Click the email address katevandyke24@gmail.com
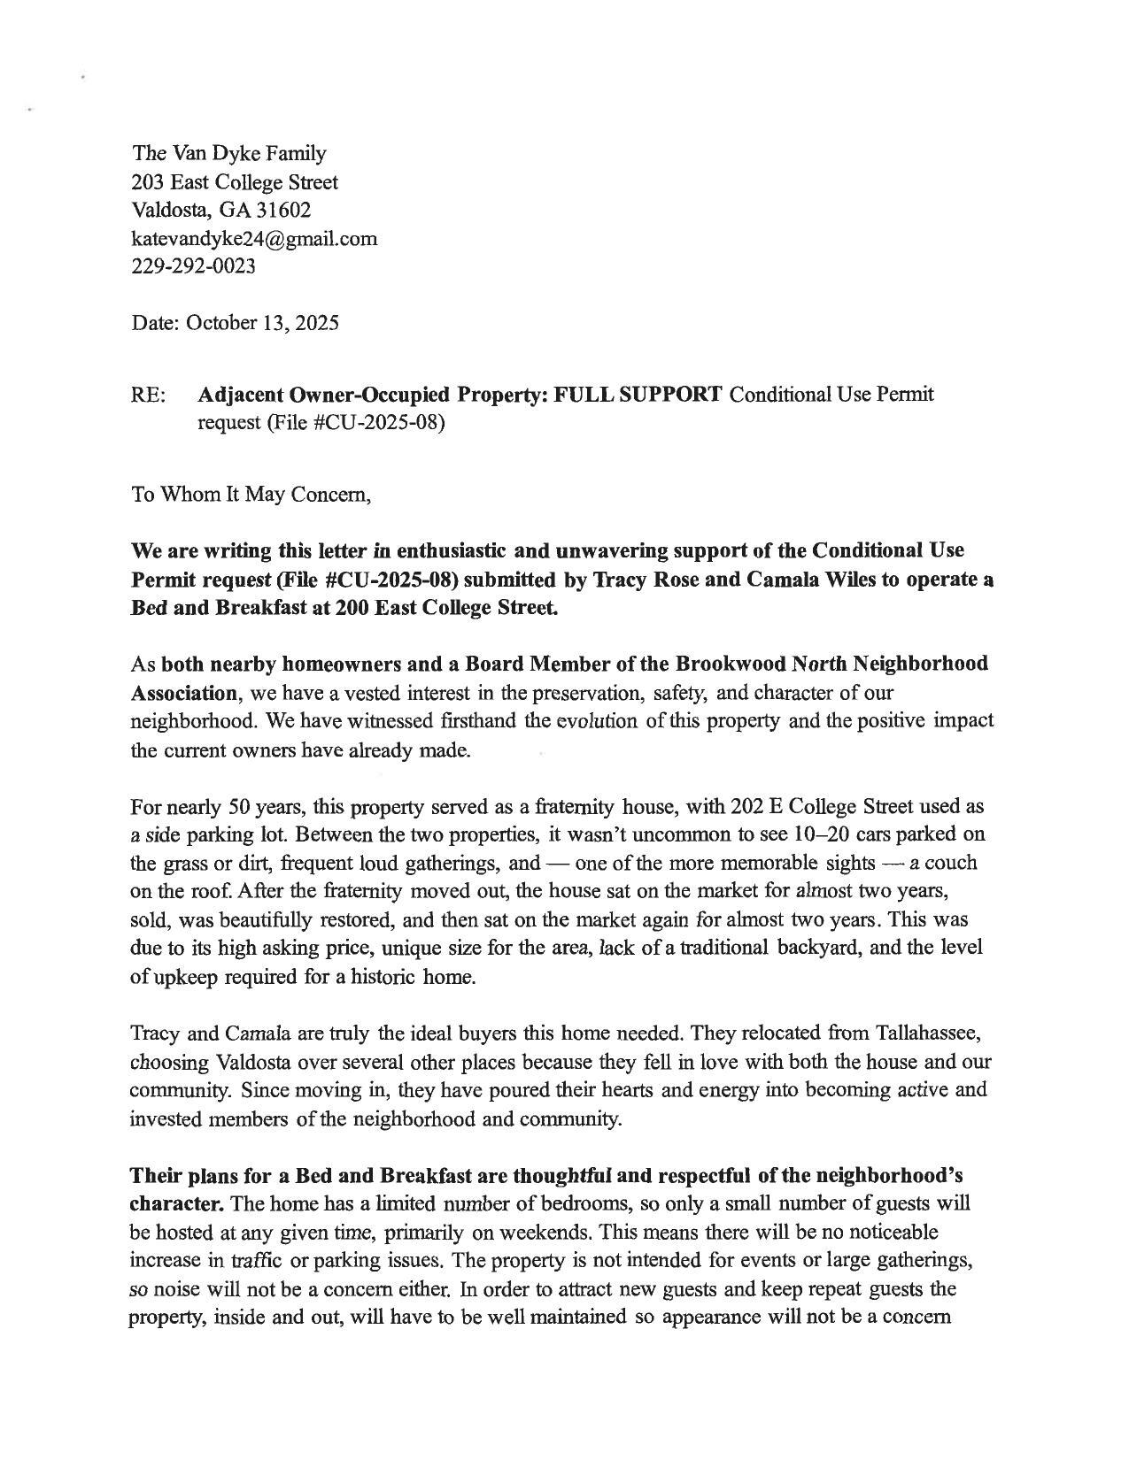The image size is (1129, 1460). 254,238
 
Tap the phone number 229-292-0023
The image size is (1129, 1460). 193,265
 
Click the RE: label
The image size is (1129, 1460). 149,395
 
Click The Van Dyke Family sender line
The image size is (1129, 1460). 229,153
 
